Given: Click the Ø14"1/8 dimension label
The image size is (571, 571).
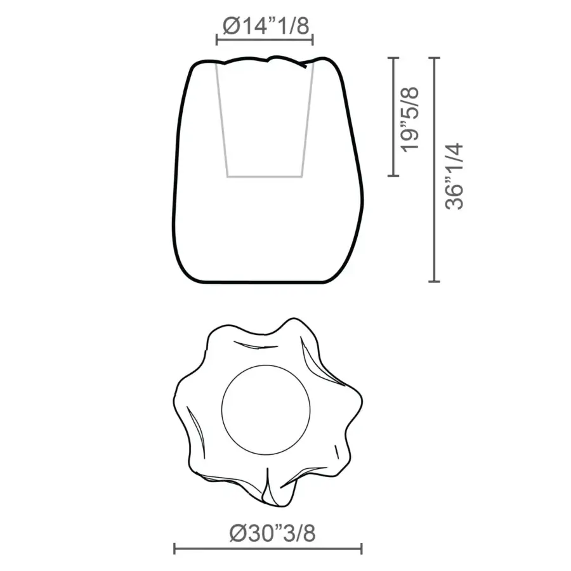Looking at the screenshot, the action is (x=266, y=26).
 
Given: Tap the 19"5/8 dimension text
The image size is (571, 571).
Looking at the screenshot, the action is (x=410, y=120).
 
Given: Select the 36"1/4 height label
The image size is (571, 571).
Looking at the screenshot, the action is (x=454, y=176).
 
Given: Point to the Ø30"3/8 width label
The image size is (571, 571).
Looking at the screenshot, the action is (x=272, y=533).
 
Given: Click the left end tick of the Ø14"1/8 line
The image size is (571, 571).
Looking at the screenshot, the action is (x=217, y=40).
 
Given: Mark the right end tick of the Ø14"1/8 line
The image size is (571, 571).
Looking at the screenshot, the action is (x=312, y=40).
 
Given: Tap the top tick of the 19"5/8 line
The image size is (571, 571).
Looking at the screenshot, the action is (x=393, y=58).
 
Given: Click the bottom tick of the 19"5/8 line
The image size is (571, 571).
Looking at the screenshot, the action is (x=393, y=176).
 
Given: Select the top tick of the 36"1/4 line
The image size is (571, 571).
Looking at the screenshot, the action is (x=434, y=58).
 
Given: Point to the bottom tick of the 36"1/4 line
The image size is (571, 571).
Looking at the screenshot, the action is (x=434, y=281).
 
